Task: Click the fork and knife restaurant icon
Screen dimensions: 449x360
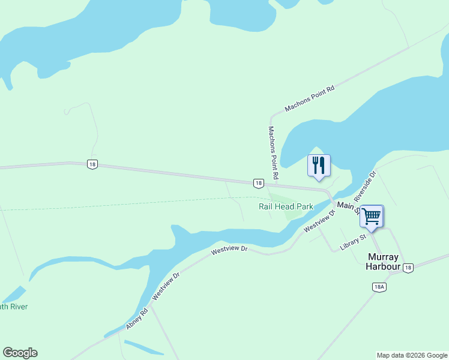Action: tap(319, 165)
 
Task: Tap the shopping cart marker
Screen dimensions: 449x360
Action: tap(372, 216)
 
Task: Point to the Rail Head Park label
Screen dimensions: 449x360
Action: tap(286, 206)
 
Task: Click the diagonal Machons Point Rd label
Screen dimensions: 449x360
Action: tap(309, 98)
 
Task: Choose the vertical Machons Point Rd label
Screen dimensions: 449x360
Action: tap(273, 153)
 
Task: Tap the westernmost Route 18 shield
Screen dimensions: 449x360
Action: tap(91, 164)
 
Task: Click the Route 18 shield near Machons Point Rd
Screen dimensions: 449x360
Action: tap(258, 183)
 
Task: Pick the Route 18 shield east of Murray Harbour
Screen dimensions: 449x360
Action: tap(408, 268)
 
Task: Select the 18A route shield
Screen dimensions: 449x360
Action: tap(379, 287)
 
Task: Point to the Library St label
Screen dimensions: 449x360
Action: tap(353, 242)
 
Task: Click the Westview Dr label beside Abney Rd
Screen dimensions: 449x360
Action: tap(166, 287)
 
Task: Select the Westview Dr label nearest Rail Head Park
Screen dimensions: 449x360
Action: tap(319, 221)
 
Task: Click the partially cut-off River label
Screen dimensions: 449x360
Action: tap(14, 307)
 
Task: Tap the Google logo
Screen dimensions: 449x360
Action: tap(20, 353)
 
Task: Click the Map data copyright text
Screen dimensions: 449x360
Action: tap(412, 355)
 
